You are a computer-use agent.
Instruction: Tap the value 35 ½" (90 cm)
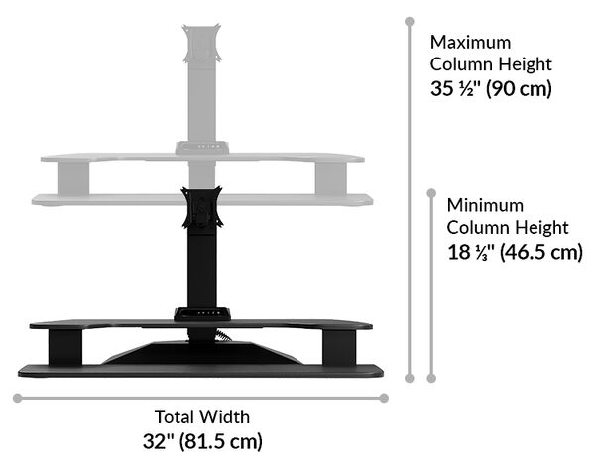point(491,87)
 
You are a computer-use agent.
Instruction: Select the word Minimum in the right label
point(484,206)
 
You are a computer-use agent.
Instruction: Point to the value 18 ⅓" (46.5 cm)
point(514,252)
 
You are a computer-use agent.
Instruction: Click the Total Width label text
point(202,417)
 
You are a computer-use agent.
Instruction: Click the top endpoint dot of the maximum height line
point(408,20)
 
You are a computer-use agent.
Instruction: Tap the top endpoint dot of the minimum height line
point(430,193)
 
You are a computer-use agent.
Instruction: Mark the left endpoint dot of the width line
point(17,398)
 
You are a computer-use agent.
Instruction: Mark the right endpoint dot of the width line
point(385,398)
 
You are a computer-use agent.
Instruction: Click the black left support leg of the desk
point(63,347)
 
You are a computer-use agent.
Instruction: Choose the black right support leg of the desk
point(338,347)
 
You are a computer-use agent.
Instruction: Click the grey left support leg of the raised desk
point(75,178)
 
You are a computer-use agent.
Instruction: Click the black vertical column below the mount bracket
point(202,268)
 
